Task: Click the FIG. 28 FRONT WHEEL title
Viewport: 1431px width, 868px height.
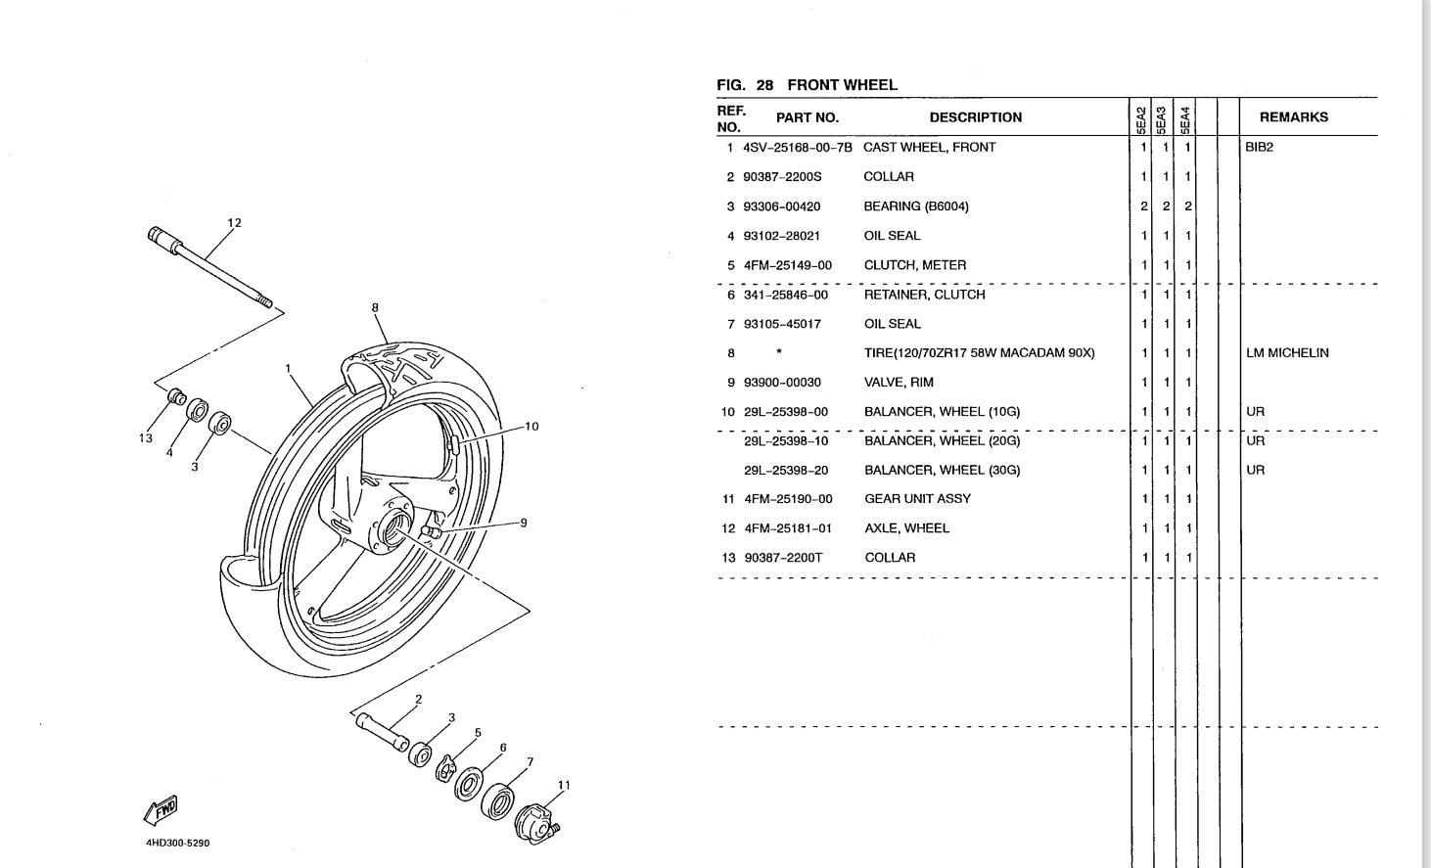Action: [807, 85]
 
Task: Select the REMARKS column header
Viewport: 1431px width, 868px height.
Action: [1293, 117]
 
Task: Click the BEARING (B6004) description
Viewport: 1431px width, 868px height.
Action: [915, 206]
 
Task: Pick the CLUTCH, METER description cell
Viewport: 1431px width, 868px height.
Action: [914, 265]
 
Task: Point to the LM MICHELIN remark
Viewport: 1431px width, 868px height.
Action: [1287, 353]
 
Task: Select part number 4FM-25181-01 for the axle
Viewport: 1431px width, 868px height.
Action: [788, 528]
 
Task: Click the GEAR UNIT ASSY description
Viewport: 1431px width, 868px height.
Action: [917, 499]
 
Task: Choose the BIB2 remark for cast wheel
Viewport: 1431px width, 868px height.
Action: [1260, 148]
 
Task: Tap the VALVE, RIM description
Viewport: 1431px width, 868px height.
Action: [898, 383]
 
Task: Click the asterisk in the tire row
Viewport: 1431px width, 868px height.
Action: [778, 353]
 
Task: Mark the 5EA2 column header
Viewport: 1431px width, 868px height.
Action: [1140, 118]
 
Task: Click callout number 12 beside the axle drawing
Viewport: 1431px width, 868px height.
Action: [234, 223]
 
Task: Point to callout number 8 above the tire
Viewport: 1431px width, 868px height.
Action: [375, 307]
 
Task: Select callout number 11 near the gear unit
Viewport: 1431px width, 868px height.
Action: [564, 785]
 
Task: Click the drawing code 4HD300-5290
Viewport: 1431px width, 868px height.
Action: [177, 843]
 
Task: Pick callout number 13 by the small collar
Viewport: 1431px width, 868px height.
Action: [146, 438]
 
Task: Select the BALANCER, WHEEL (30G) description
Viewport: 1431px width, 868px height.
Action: [942, 471]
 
